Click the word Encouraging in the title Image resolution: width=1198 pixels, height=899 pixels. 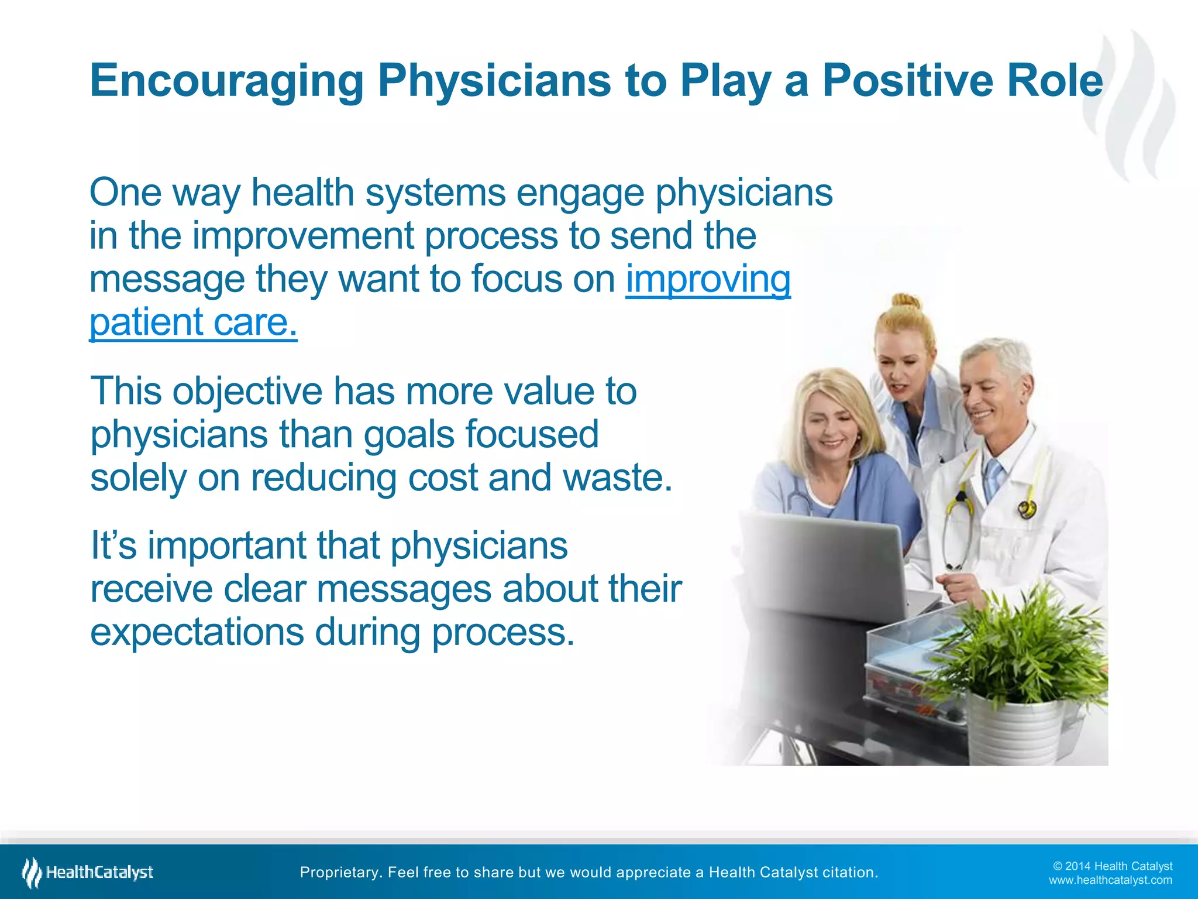point(227,81)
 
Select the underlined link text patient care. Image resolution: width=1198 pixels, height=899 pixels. point(193,322)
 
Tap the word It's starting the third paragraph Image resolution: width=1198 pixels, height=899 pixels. point(113,545)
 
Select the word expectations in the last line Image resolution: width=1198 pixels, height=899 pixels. point(197,632)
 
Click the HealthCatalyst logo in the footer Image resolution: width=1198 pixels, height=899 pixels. point(88,873)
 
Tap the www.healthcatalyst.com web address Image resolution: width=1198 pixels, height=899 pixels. point(1110,880)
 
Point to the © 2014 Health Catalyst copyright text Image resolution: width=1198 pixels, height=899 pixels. point(1112,866)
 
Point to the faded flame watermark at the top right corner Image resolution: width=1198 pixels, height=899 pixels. point(1129,105)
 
